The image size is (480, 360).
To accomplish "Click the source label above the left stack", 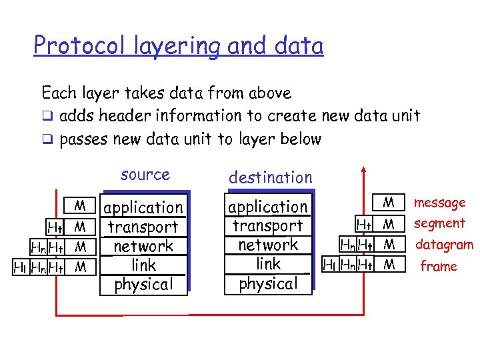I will (145, 175).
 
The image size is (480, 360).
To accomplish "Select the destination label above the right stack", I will (270, 177).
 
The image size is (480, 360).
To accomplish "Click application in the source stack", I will (143, 208).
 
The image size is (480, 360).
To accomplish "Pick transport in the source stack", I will (143, 227).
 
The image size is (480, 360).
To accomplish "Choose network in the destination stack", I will (268, 245).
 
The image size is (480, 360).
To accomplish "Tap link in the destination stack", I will (268, 264).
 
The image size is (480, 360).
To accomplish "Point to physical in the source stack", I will (143, 284).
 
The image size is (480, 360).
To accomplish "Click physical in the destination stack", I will (268, 283).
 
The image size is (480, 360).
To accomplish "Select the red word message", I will (439, 203).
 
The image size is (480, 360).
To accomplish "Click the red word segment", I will (439, 223).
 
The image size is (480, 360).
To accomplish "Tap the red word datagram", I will (444, 245).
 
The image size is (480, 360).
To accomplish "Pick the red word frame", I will (438, 267).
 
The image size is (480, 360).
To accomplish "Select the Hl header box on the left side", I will (20, 267).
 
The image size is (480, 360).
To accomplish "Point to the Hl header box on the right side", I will (329, 265).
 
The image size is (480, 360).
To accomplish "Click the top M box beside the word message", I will (389, 202).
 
